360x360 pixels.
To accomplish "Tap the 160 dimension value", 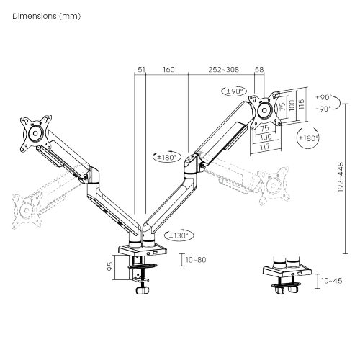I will click(x=168, y=71).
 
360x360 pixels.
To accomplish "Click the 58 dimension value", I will click(x=261, y=71).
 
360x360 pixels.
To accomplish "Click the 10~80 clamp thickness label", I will click(x=195, y=259).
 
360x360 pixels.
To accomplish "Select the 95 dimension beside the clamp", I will click(x=120, y=266).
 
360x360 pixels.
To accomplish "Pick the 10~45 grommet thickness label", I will click(x=332, y=279).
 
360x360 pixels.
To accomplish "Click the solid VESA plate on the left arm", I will click(x=34, y=132).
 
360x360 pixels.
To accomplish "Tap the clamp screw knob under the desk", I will click(x=142, y=292).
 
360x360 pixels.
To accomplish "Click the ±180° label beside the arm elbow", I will click(x=166, y=157).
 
